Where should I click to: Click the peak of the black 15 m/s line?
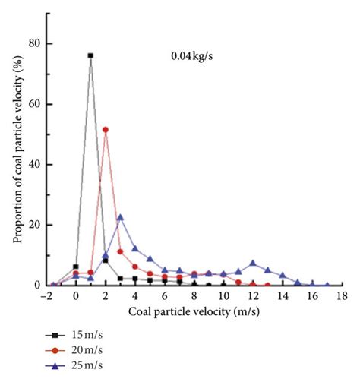[90, 55]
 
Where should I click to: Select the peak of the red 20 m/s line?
[106, 129]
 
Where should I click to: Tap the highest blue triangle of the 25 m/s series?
[120, 217]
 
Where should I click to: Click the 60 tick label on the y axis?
[33, 104]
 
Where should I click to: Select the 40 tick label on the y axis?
[33, 164]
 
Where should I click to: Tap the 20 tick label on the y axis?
[33, 225]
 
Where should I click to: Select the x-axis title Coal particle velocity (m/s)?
[196, 312]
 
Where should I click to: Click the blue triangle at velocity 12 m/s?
[253, 264]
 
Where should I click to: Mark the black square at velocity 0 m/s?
[76, 267]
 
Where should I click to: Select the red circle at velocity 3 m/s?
[120, 251]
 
